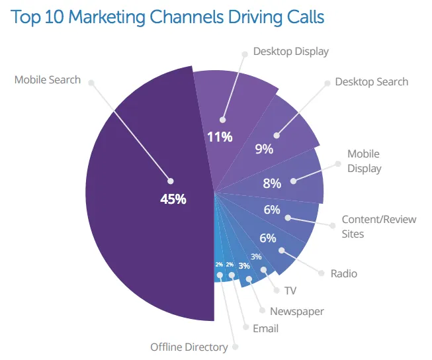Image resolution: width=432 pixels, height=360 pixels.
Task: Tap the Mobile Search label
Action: pos(48,80)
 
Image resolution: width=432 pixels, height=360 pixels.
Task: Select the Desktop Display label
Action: pos(290,51)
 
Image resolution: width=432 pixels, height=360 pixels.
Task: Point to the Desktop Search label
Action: pos(371,82)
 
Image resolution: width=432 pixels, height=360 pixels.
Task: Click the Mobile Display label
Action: pos(364,161)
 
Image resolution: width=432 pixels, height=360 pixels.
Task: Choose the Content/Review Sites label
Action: pos(378,226)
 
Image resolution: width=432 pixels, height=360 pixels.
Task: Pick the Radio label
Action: pos(343,273)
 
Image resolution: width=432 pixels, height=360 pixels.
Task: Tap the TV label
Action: pos(290,291)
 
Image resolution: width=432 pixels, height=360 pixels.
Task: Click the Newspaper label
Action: pos(296,311)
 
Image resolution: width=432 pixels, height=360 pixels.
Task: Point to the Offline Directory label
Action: pos(189,347)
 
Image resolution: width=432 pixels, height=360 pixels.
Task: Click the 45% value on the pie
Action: pos(173,199)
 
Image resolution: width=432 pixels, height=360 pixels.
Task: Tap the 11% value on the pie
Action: pos(219,137)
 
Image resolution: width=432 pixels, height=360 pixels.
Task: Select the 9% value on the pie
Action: pos(263,149)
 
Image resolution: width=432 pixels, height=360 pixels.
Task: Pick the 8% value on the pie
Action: pos(272,183)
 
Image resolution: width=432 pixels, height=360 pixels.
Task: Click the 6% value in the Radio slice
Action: pos(268,238)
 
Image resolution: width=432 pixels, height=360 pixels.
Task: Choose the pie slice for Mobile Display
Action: pos(304,179)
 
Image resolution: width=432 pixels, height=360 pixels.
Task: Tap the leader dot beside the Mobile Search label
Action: pos(91,83)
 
